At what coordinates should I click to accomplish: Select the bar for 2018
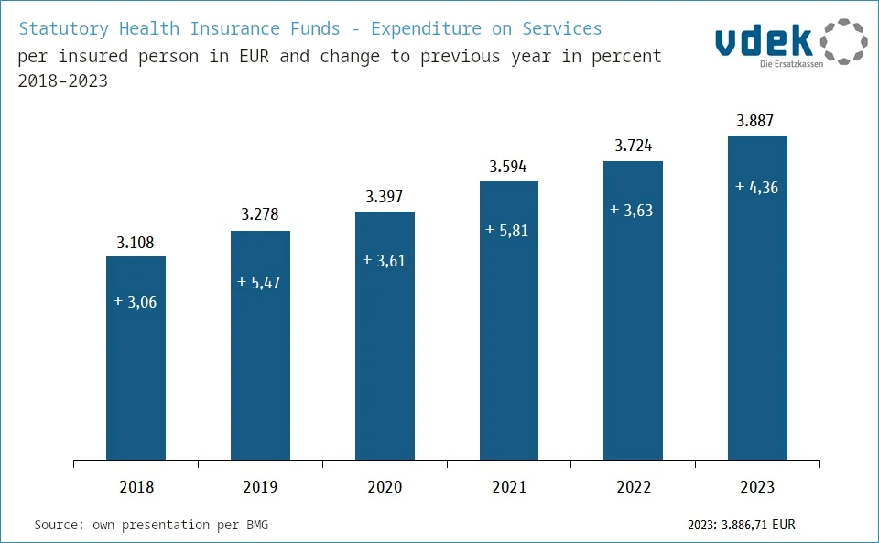pyautogui.click(x=136, y=366)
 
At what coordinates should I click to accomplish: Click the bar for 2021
pyautogui.click(x=509, y=330)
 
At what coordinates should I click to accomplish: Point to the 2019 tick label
pyautogui.click(x=260, y=487)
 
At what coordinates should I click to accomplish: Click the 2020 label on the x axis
pyautogui.click(x=385, y=487)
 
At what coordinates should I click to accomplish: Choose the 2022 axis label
pyautogui.click(x=633, y=487)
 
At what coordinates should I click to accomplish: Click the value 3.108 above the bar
pyautogui.click(x=136, y=244)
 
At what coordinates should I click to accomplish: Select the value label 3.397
pyautogui.click(x=385, y=198)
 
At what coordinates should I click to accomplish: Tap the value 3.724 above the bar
pyautogui.click(x=633, y=147)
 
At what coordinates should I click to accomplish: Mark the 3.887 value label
pyautogui.click(x=757, y=121)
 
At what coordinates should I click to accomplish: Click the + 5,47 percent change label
pyautogui.click(x=259, y=283)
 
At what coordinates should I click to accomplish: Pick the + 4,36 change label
pyautogui.click(x=756, y=187)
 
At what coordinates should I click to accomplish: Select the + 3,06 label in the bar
pyautogui.click(x=136, y=302)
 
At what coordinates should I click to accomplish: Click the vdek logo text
pyautogui.click(x=763, y=40)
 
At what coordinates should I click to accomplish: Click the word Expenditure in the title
pyautogui.click(x=428, y=28)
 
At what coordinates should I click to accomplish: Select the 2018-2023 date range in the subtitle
pyautogui.click(x=62, y=81)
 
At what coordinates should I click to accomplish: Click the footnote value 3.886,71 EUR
pyautogui.click(x=758, y=526)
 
